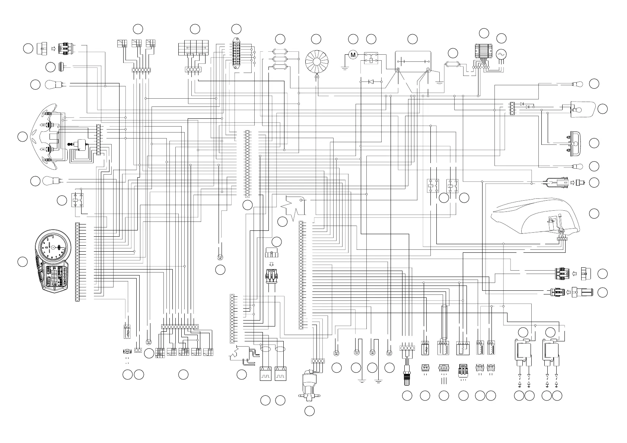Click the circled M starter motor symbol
click(x=353, y=55)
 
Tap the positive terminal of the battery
click(x=398, y=70)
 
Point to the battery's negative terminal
click(x=428, y=70)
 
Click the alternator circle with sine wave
click(x=501, y=55)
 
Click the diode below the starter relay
click(x=371, y=82)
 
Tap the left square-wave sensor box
click(x=265, y=374)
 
